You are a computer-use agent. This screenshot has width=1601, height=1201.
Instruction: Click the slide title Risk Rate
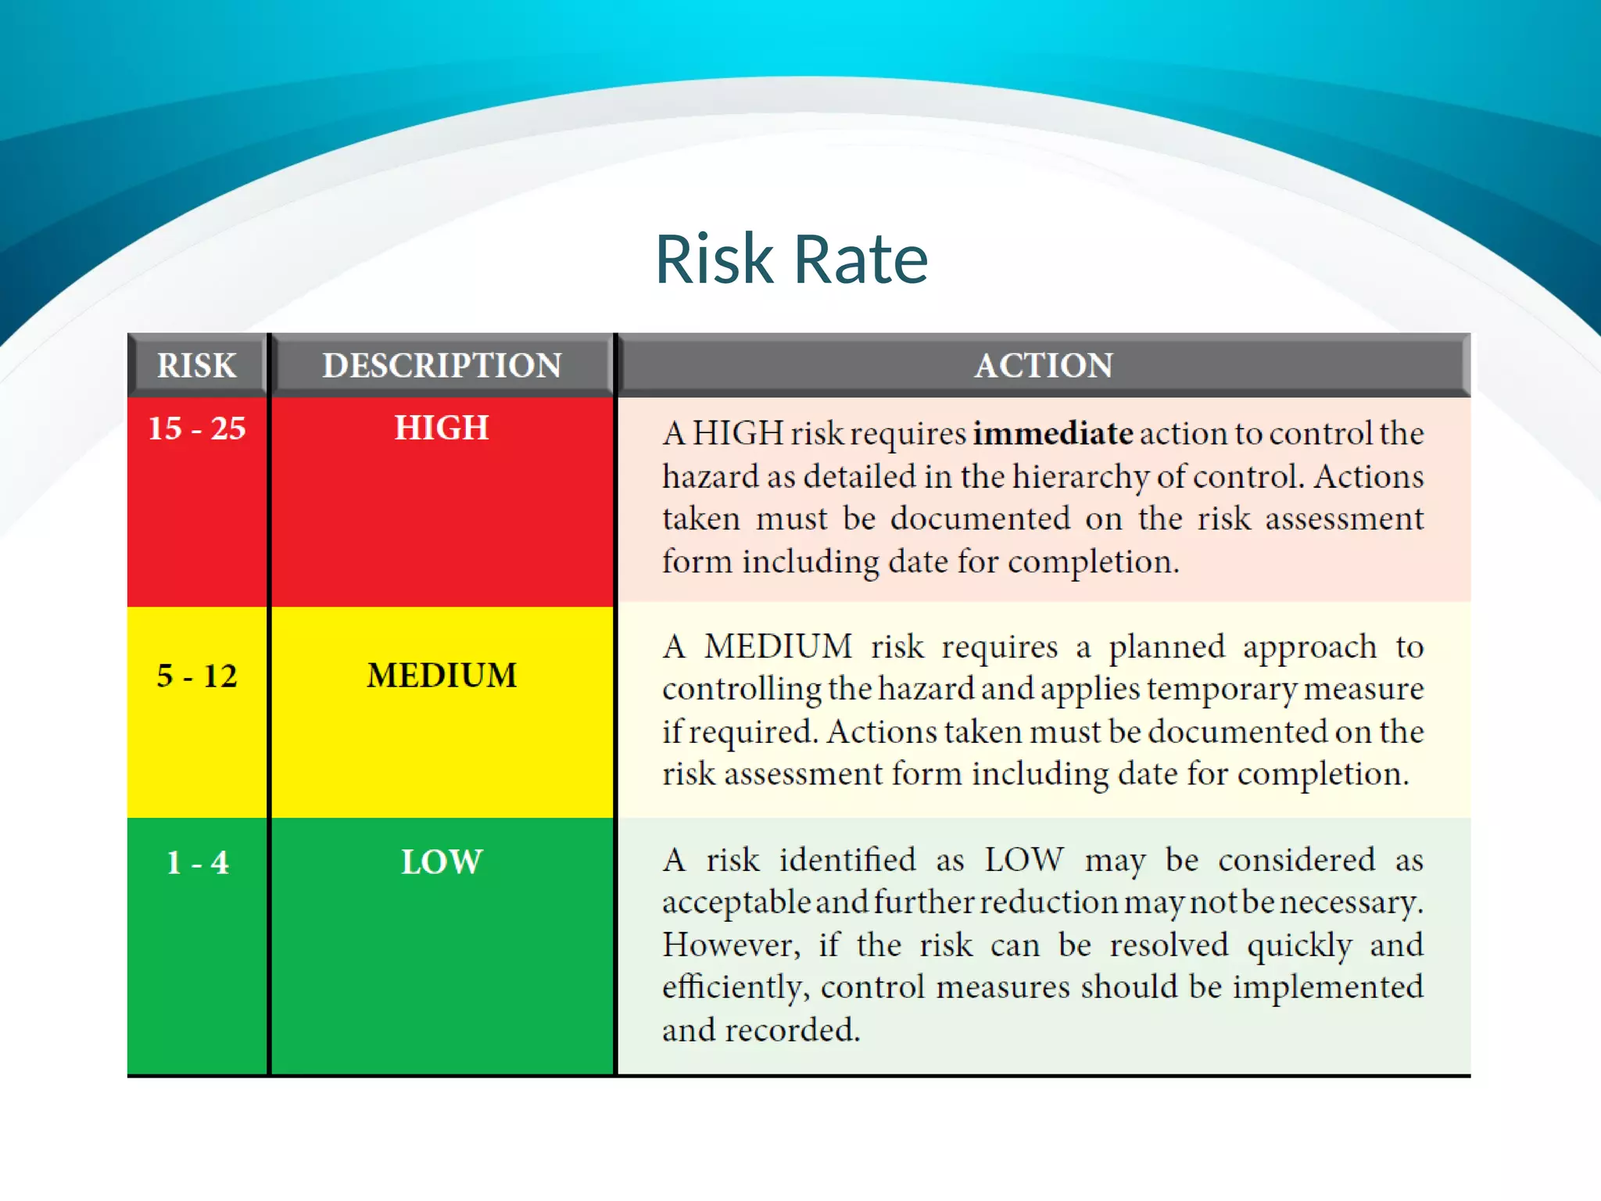point(791,260)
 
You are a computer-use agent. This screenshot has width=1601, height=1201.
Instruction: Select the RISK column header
point(197,365)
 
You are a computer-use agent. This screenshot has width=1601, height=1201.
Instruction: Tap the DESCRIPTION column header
point(442,365)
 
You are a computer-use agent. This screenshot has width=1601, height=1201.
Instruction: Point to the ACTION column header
point(1044,365)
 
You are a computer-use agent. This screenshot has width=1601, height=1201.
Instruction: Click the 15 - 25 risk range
point(197,428)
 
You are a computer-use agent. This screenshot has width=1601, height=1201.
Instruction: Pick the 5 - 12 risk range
point(197,676)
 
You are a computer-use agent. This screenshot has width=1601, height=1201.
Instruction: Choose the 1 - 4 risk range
point(198,862)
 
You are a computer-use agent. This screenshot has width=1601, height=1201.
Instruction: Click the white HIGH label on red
point(442,428)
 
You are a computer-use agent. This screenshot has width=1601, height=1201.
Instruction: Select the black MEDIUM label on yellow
point(442,676)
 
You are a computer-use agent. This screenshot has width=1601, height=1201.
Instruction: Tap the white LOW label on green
point(442,862)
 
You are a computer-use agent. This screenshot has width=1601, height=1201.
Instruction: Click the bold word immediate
point(1052,433)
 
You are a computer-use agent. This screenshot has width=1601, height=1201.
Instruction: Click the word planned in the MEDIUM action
point(1167,647)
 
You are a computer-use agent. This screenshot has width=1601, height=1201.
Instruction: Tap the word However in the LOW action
point(731,945)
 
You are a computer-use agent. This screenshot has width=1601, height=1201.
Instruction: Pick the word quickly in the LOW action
point(1299,945)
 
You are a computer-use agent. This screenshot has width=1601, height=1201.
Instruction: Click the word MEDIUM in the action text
point(778,647)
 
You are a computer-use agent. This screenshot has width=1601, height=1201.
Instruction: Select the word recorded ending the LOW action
point(791,1031)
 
